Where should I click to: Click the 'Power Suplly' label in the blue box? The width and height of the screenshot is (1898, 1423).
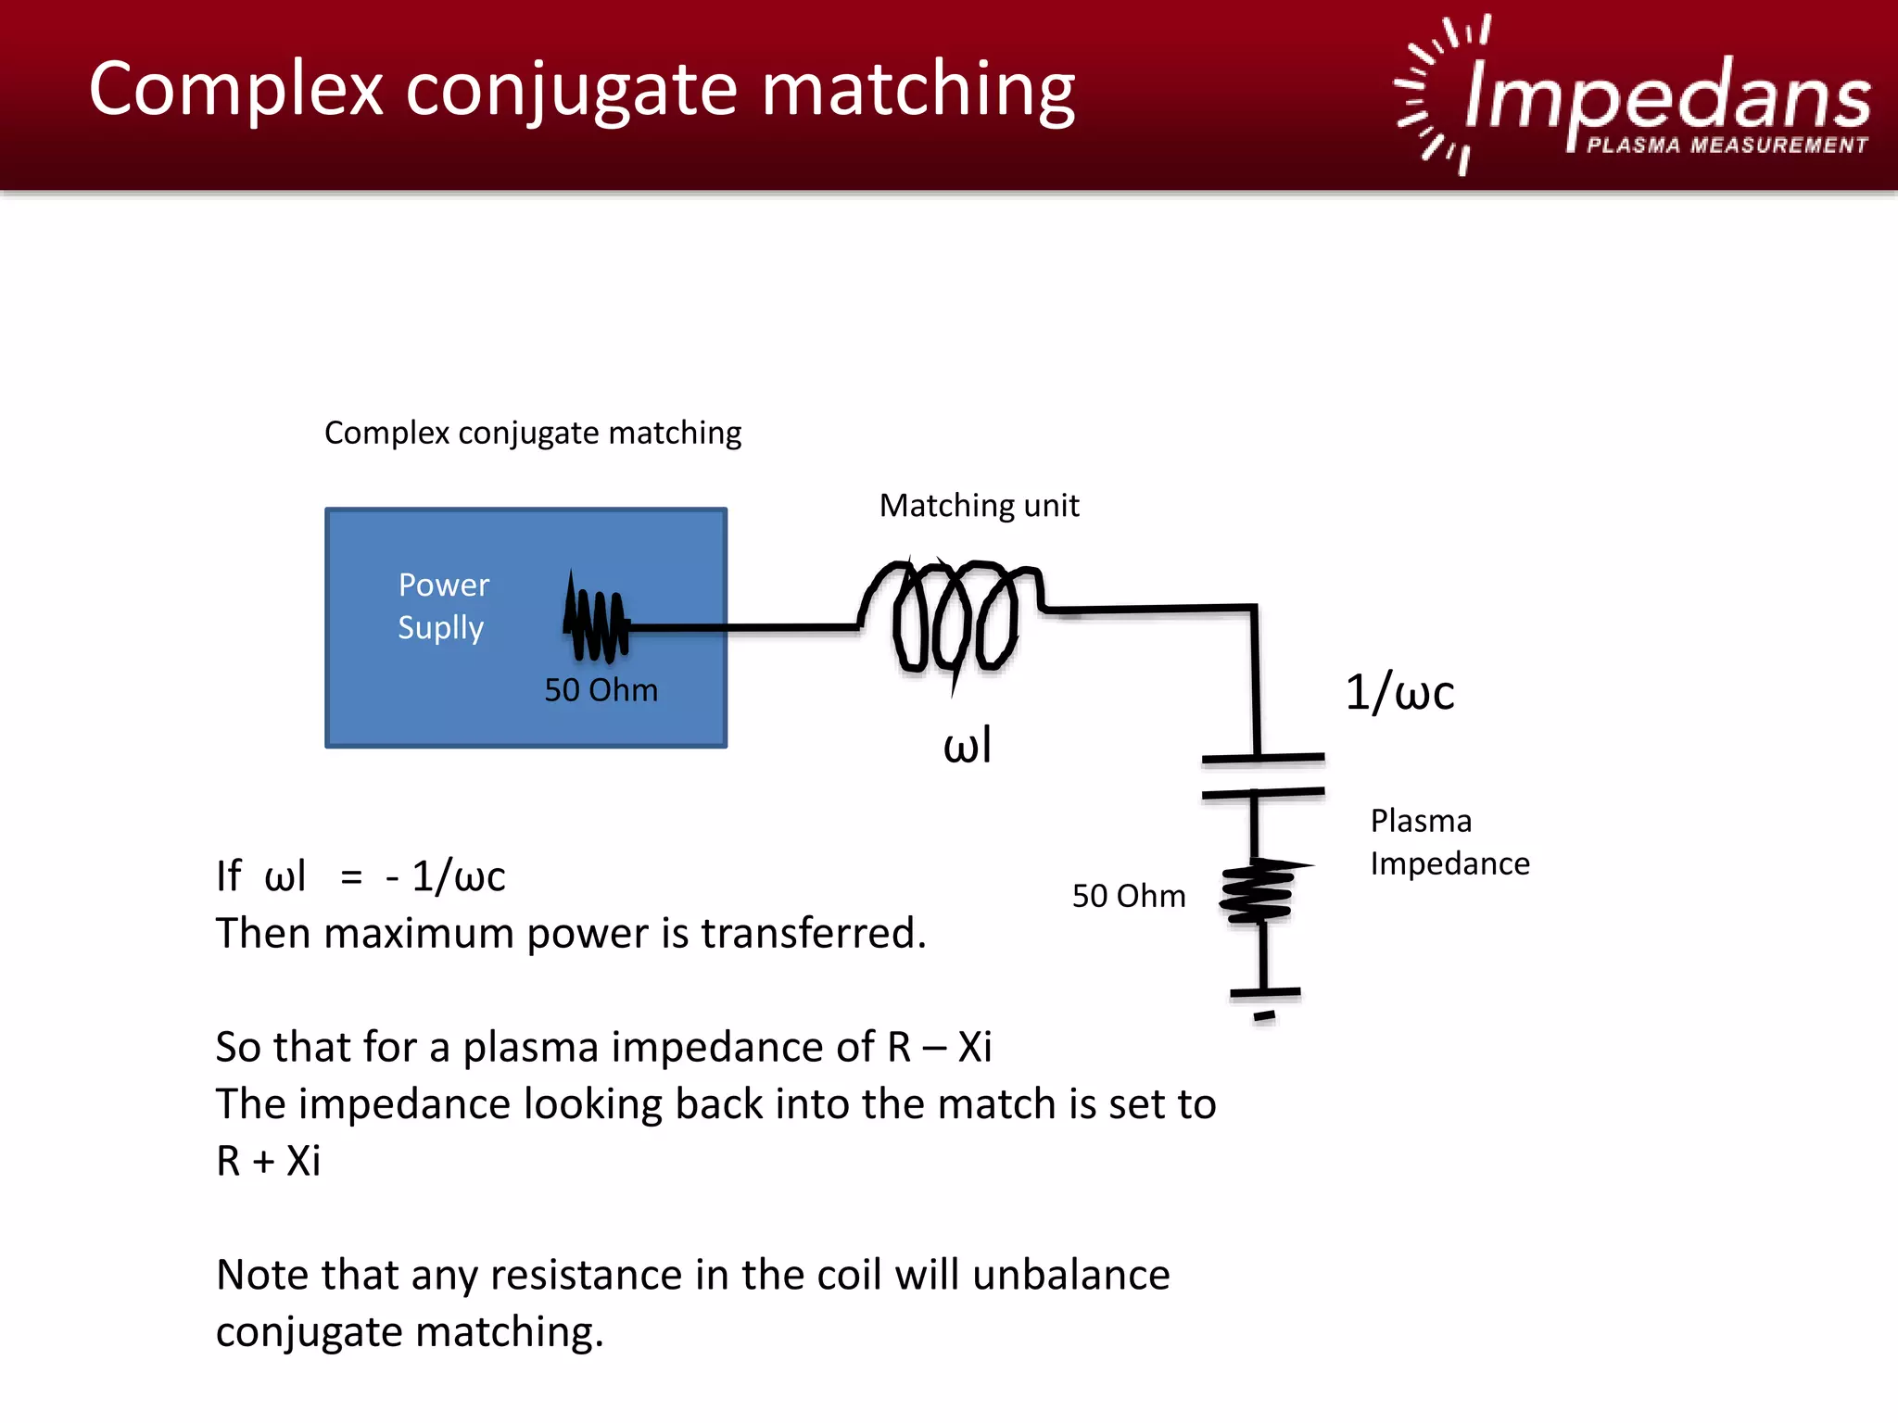443,606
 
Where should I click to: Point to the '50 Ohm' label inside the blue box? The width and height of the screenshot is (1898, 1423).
601,690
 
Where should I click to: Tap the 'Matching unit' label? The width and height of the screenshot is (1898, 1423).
979,506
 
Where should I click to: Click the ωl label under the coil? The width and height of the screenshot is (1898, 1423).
967,746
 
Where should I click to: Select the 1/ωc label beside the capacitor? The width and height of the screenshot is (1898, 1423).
1399,693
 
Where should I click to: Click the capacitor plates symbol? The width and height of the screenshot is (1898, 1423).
1262,775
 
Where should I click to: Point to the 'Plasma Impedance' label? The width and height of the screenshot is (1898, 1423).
1449,842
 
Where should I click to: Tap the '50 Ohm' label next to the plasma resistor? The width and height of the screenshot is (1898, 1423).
1128,896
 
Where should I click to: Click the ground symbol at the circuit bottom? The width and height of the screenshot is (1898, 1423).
1264,1001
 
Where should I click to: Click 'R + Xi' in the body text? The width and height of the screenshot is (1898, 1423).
268,1161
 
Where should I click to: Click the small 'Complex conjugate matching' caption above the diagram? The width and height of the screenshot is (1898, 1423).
533,433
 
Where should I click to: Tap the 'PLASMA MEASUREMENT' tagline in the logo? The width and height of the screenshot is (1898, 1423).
1727,145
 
